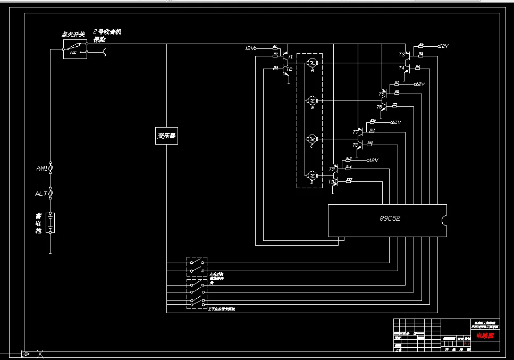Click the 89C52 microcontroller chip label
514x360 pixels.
coord(391,218)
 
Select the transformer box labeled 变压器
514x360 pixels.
coord(166,136)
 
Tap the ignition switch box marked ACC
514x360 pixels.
coord(75,52)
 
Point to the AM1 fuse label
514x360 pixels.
coord(42,169)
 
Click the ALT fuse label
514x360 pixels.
coord(41,194)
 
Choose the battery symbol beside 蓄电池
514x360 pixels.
coord(50,223)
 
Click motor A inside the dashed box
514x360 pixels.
coord(313,63)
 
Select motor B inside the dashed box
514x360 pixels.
coord(313,100)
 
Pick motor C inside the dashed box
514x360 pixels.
coord(313,138)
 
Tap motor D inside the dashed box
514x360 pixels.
coord(313,175)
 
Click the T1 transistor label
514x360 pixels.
coord(290,56)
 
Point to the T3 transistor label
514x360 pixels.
coord(402,55)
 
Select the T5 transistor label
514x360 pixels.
coord(381,94)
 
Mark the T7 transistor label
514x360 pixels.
coord(356,132)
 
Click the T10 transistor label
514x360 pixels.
coord(332,182)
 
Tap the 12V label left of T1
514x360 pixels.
coord(250,48)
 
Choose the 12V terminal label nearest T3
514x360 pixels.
coord(444,46)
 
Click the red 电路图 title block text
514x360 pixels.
coord(484,336)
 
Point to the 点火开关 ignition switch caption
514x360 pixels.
coord(73,35)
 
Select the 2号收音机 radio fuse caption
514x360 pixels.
coord(107,32)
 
